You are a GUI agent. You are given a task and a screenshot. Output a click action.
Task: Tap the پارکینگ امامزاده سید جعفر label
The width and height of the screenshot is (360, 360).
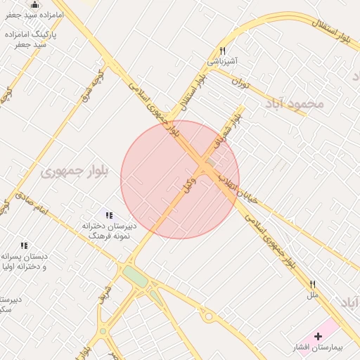coord(31,39)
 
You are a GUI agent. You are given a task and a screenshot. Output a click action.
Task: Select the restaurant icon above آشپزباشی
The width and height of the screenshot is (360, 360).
coord(222,51)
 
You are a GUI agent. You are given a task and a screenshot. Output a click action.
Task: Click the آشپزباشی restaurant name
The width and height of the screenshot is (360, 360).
coord(222,61)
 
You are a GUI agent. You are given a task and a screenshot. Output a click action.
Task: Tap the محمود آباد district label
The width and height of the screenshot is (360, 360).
coord(295,103)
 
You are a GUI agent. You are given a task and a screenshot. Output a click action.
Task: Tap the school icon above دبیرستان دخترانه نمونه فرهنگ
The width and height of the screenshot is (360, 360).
coord(108,215)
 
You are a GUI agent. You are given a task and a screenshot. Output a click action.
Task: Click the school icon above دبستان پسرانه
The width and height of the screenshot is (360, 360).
coord(24,245)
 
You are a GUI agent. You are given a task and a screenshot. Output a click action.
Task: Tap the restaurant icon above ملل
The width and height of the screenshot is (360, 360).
coord(312,284)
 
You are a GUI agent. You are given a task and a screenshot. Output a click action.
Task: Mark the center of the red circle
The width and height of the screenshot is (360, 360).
coord(180,179)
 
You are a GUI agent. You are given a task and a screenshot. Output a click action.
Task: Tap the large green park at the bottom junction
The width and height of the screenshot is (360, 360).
coord(136,276)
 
